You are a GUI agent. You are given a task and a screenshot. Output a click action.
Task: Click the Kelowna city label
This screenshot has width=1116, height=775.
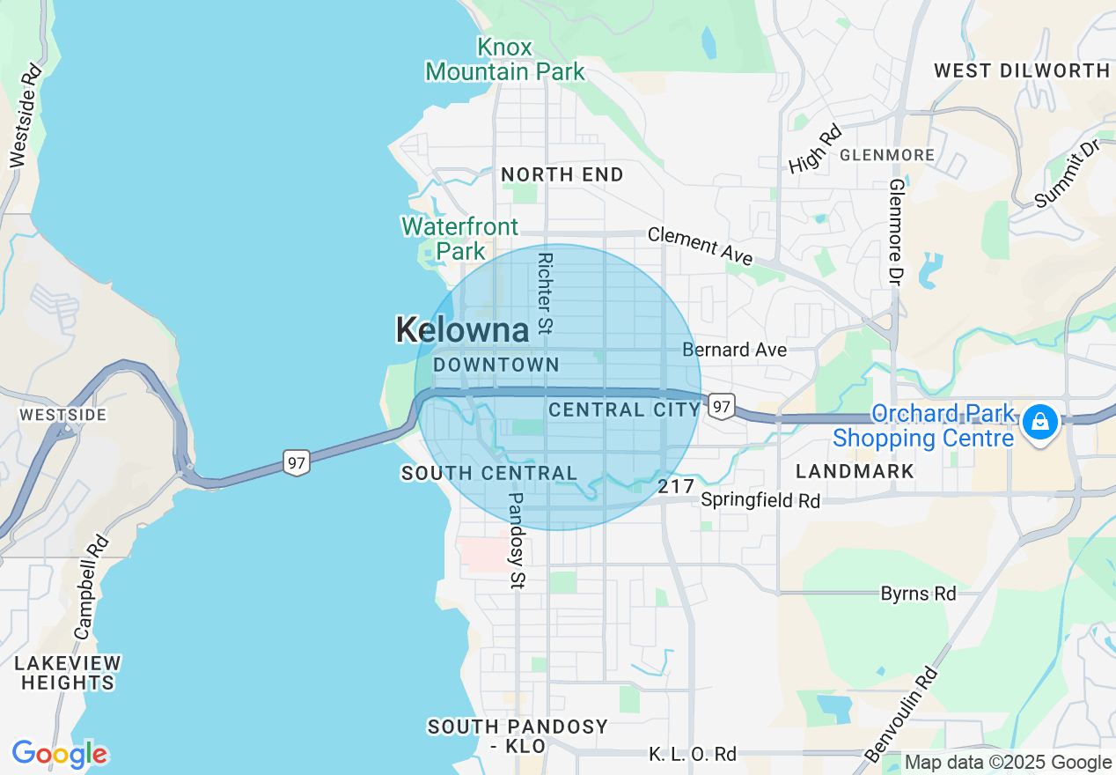click(x=462, y=330)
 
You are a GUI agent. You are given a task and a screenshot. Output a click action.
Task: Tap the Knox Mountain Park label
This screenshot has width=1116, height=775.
click(x=505, y=59)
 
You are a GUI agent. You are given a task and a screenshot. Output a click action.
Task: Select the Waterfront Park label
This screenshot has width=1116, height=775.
click(x=459, y=239)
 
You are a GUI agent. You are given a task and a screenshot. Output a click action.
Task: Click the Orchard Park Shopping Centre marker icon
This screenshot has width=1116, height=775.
click(x=1040, y=422)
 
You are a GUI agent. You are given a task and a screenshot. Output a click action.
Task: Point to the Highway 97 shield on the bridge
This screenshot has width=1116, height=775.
click(x=297, y=461)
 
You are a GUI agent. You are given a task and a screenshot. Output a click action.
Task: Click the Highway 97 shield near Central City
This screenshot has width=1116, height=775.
click(x=722, y=406)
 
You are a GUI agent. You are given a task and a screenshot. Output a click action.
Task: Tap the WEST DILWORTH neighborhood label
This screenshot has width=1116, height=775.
click(x=1021, y=70)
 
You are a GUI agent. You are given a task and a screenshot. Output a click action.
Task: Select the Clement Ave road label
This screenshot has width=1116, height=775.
click(x=701, y=246)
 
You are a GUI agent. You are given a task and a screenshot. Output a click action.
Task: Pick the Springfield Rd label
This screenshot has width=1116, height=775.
click(x=760, y=500)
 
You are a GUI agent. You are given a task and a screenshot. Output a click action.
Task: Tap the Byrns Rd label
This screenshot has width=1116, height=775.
click(x=918, y=594)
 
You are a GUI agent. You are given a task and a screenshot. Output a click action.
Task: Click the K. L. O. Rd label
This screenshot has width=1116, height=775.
click(x=692, y=754)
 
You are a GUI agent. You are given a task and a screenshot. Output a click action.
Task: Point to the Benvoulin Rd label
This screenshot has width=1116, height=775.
click(x=901, y=714)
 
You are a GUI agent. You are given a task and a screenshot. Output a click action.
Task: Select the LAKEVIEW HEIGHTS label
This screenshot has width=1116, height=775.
click(x=68, y=673)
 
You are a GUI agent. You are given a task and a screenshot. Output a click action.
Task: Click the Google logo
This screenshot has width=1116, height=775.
click(x=59, y=755)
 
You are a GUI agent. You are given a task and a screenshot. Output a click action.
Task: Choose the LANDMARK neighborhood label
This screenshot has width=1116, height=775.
click(x=855, y=471)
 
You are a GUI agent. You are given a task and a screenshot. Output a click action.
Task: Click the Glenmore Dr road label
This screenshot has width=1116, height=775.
click(x=896, y=232)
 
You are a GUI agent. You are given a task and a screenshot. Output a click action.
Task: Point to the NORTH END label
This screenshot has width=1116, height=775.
click(x=562, y=174)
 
